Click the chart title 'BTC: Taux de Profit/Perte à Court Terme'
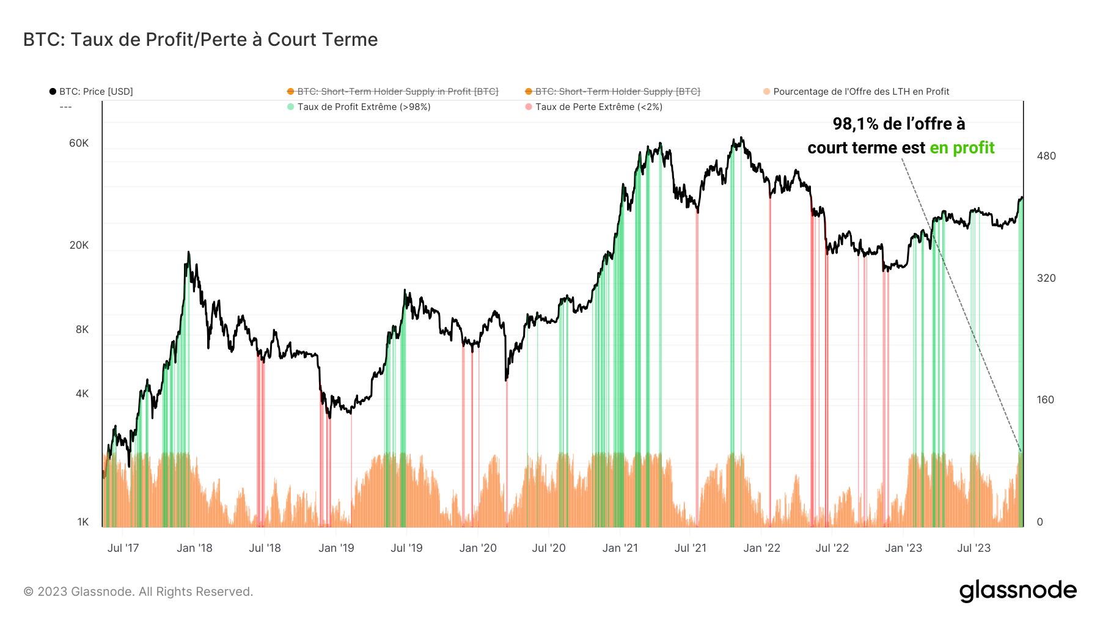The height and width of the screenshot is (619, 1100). [x=200, y=40]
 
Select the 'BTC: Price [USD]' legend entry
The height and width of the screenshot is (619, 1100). [x=95, y=92]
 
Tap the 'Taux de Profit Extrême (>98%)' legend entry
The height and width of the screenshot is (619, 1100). [x=364, y=107]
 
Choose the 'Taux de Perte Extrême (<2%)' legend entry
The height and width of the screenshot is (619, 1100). [x=598, y=107]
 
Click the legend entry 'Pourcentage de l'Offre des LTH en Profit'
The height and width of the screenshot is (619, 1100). [x=860, y=92]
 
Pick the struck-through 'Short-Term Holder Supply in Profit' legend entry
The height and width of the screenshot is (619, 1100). [x=397, y=92]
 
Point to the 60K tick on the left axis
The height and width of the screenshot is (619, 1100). [x=79, y=143]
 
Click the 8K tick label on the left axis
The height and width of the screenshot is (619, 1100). [x=82, y=329]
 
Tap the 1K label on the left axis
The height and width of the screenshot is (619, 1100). [x=82, y=522]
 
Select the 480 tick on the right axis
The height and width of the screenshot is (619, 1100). [x=1046, y=156]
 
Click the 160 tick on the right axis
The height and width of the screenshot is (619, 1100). [x=1046, y=400]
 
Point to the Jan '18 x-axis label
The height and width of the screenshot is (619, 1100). [x=194, y=548]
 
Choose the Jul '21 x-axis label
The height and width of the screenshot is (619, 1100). [x=690, y=548]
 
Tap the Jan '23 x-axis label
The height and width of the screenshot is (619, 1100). [x=903, y=548]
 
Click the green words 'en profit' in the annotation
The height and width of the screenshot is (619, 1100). [x=962, y=148]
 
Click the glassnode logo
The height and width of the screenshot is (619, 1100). [x=1018, y=591]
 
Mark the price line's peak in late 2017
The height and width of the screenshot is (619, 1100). [x=188, y=252]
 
